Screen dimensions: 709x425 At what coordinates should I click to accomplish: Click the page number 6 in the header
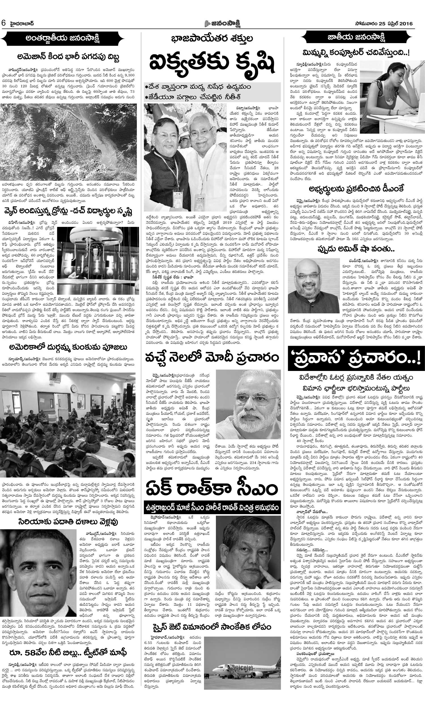coord(3,23)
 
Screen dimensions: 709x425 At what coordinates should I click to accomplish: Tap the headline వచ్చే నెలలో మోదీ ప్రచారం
coord(212,358)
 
